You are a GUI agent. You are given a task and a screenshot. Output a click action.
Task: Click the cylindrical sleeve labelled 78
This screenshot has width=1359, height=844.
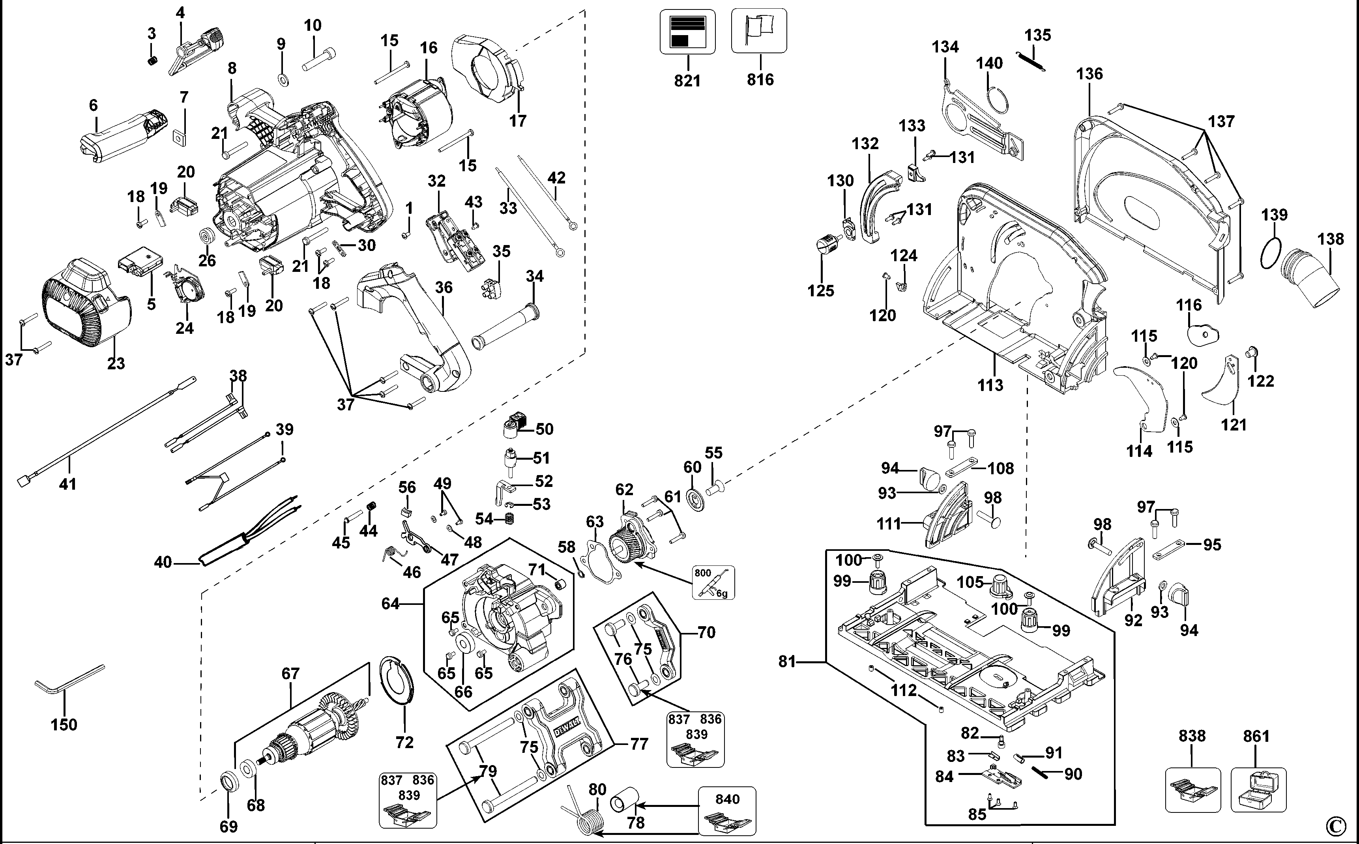tap(625, 801)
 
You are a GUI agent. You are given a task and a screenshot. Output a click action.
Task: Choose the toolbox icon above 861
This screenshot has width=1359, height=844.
tap(1258, 790)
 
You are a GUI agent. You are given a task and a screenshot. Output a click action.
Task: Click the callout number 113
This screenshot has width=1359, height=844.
tap(990, 385)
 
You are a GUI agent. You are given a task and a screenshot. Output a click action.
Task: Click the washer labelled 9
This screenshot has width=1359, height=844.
tap(283, 78)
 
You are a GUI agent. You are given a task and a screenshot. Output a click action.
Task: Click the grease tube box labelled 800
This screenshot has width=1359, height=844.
tap(713, 582)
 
